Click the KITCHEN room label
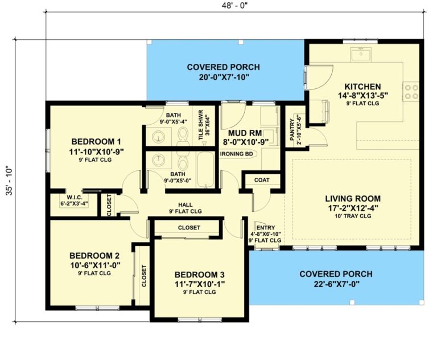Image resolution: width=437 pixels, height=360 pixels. point(362,86)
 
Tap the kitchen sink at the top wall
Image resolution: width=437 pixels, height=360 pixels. point(360,55)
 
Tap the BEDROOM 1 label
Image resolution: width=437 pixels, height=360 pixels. point(94,141)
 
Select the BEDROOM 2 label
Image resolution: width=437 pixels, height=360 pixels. point(94,255)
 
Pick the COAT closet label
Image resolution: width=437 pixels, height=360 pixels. point(262,180)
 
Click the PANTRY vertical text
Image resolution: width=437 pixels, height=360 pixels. point(292,130)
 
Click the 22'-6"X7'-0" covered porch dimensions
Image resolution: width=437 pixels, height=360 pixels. point(337,284)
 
